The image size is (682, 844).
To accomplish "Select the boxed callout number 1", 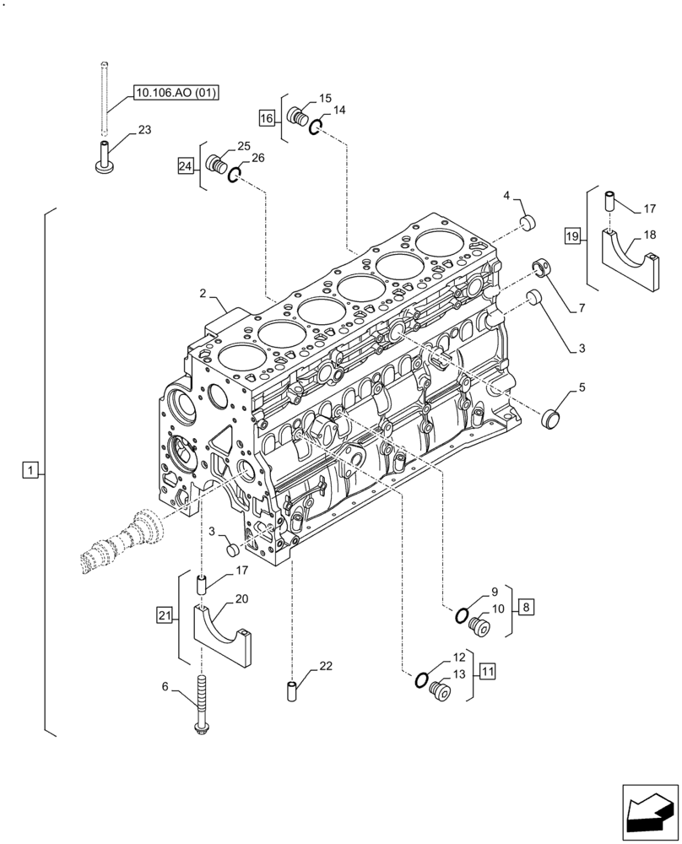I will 30,470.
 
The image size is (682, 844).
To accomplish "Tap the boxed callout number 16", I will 267,118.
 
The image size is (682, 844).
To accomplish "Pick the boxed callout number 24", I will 186,166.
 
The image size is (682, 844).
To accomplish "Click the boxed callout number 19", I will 573,237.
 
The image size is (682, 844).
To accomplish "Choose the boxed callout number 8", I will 525,606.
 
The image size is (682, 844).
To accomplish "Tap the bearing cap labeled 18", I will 631,262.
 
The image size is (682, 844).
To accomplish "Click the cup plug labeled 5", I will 554,418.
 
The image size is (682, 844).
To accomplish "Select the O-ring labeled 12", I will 423,679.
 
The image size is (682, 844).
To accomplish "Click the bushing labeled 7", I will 541,269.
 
